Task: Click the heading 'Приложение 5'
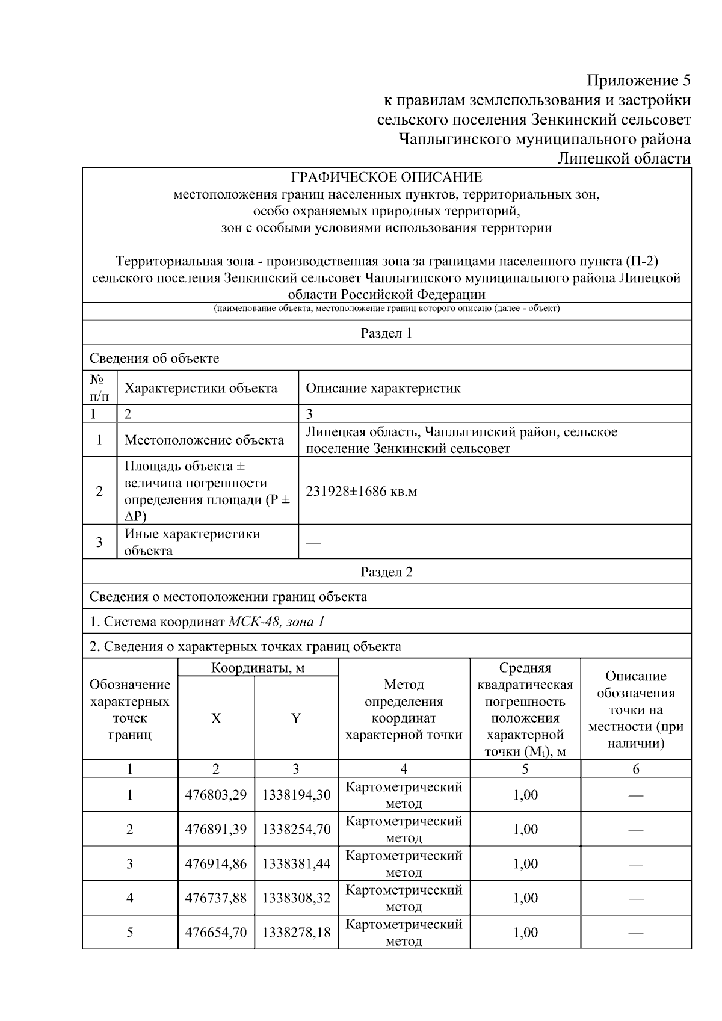point(638,81)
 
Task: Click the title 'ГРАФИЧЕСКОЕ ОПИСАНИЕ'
point(386,177)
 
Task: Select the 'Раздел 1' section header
point(386,333)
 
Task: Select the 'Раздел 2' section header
point(386,572)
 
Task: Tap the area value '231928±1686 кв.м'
point(362,491)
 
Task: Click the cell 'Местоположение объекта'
point(204,440)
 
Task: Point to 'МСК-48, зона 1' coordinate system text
point(277,622)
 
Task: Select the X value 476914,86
point(215,864)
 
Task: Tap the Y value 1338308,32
point(296,898)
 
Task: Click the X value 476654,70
point(215,933)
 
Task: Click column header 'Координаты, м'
point(258,668)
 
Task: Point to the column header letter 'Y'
point(296,718)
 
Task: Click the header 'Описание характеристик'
point(383,388)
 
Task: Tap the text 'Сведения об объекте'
point(155,358)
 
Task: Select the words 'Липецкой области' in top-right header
point(623,158)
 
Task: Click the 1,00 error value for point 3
point(525,864)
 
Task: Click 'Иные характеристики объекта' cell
point(192,542)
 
